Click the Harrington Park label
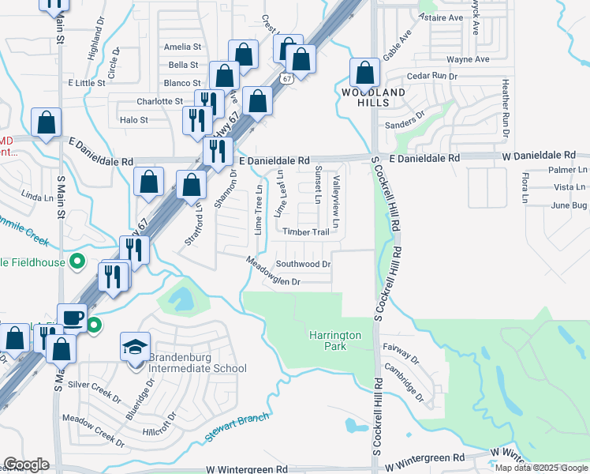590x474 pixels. tap(335, 340)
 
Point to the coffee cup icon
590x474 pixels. tap(73, 318)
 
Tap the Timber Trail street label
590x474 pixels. tap(306, 231)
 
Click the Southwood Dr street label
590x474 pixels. tap(302, 264)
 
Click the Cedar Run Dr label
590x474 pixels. tap(432, 76)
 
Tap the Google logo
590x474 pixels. tap(26, 465)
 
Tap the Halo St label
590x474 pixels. tap(133, 120)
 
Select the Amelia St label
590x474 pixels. tap(182, 47)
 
